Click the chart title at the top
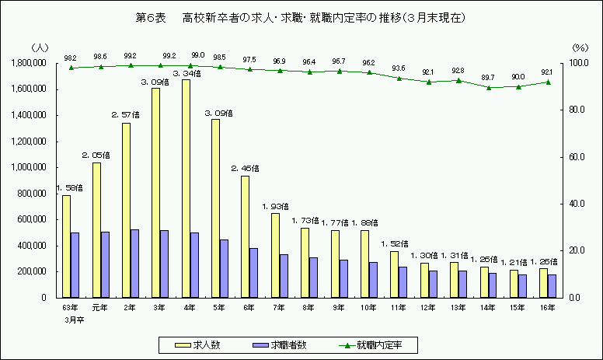coord(301,16)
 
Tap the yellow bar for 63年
coord(66,246)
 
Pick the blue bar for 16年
coord(552,285)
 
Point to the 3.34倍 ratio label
coord(186,74)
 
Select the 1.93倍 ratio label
coord(276,206)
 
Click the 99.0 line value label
coord(197,56)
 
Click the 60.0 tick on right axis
coord(579,157)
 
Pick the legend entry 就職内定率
coord(376,343)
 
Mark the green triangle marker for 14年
coord(489,87)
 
